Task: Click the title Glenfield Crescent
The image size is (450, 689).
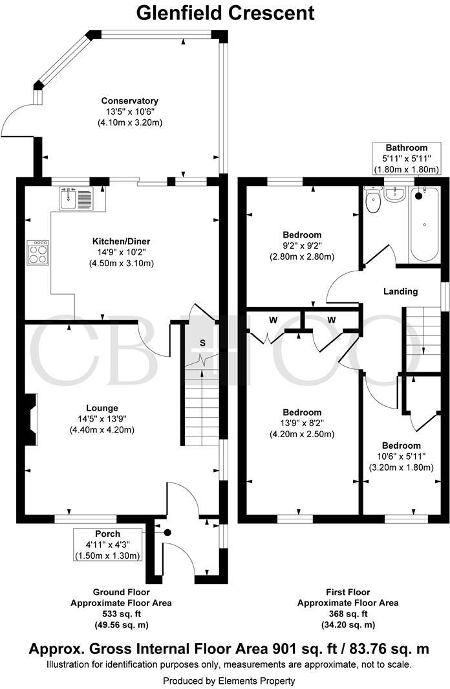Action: coord(226,12)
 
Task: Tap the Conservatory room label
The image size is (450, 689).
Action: coord(130,100)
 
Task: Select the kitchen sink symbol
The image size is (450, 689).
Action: coord(76,198)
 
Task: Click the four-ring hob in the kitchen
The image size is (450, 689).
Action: coord(38,253)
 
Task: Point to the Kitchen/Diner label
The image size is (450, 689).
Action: coord(121,242)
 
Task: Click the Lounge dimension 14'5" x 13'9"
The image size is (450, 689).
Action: coord(102,419)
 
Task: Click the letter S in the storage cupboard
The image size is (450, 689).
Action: coord(202,343)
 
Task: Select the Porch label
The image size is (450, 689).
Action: coord(107,534)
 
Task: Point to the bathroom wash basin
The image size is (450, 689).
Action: coord(395,194)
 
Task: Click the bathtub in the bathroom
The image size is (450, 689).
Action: coord(424,224)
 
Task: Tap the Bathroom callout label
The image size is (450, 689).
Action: coord(407,148)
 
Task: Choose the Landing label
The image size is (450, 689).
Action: coord(400,291)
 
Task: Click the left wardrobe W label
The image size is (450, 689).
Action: coord(273,321)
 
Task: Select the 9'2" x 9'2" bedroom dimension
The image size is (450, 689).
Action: coord(302,245)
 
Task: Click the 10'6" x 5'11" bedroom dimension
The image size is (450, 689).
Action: coord(401,456)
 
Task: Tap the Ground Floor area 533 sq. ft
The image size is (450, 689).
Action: coord(121,615)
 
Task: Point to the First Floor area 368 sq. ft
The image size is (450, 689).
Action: coord(348,615)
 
